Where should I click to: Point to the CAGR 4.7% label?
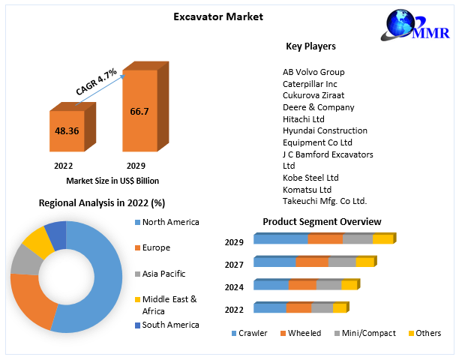(96, 82)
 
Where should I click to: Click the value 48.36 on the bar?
(66, 130)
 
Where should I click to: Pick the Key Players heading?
(310, 46)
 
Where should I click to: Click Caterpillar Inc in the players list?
(310, 84)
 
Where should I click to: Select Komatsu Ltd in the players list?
(307, 189)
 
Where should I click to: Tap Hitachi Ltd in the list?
(303, 119)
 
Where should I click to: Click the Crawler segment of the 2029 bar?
(280, 239)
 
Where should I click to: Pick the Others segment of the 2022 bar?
(339, 308)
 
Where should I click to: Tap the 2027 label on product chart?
(233, 264)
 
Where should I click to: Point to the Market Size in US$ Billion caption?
(112, 181)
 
